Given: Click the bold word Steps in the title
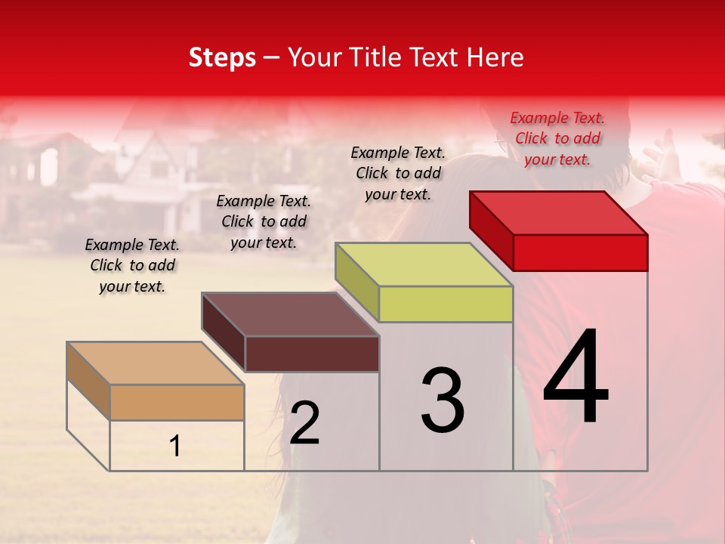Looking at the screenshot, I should click(x=222, y=57).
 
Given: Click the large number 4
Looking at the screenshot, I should click(x=575, y=378).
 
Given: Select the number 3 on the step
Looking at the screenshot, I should click(x=443, y=400).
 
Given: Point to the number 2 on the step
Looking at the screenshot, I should click(x=304, y=423).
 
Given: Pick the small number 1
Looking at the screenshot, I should click(x=175, y=447).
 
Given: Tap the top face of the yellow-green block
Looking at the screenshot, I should click(x=424, y=264).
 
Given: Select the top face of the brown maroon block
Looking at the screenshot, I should click(x=290, y=314).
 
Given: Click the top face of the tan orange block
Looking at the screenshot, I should click(x=155, y=363).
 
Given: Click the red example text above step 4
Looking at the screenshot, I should click(x=557, y=138).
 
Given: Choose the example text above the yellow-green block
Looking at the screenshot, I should click(x=398, y=173).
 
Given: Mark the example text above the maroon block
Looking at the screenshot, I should click(x=264, y=221).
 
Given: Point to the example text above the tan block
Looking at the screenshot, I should click(x=132, y=265).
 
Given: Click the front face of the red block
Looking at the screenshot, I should click(x=580, y=252).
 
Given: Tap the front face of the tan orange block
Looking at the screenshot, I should click(x=177, y=402).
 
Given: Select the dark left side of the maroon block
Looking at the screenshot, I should click(x=224, y=332).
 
